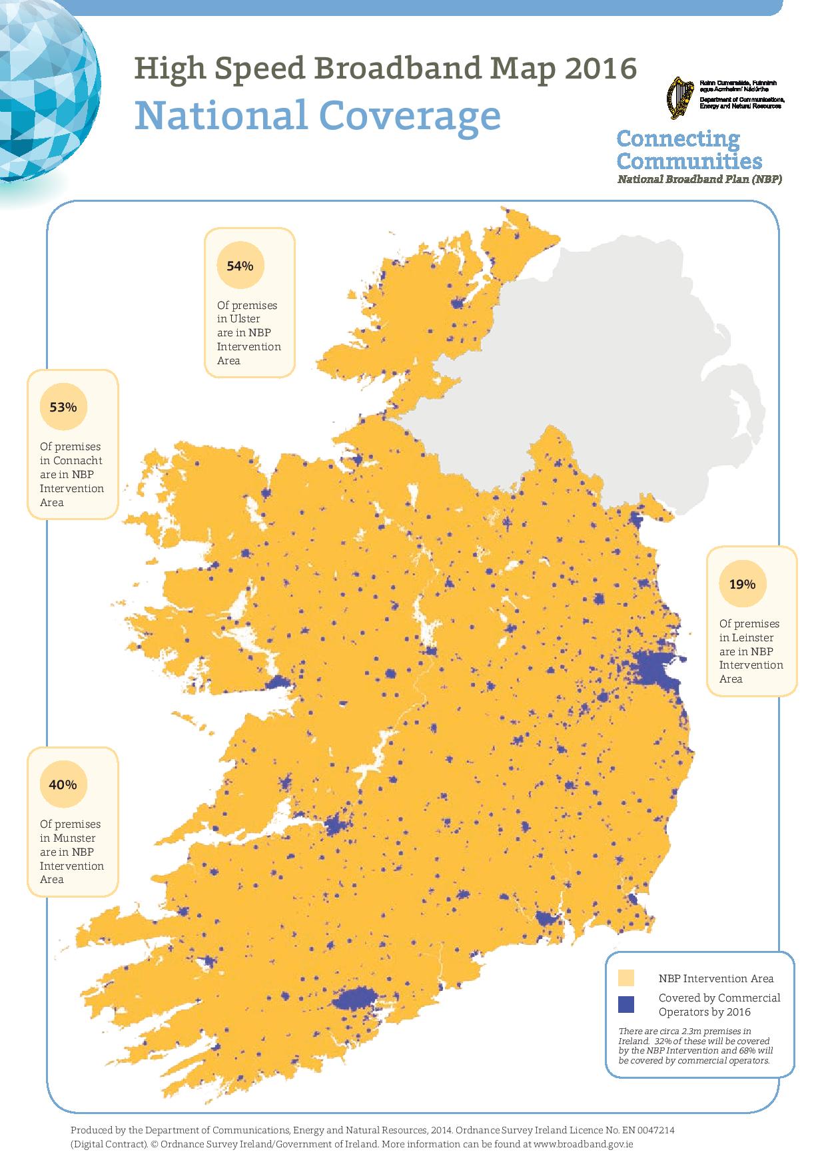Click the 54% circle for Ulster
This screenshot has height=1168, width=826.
pos(240,266)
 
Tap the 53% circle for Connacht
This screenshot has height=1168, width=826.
pos(63,407)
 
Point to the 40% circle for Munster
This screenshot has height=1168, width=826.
pos(63,784)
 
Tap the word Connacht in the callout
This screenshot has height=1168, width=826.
pos(78,460)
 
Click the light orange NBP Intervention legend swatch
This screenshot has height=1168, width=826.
pos(626,978)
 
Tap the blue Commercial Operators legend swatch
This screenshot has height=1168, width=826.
pos(626,1004)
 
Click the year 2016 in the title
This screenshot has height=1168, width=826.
pos(600,69)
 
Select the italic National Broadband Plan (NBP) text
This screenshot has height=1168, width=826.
pos(699,179)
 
